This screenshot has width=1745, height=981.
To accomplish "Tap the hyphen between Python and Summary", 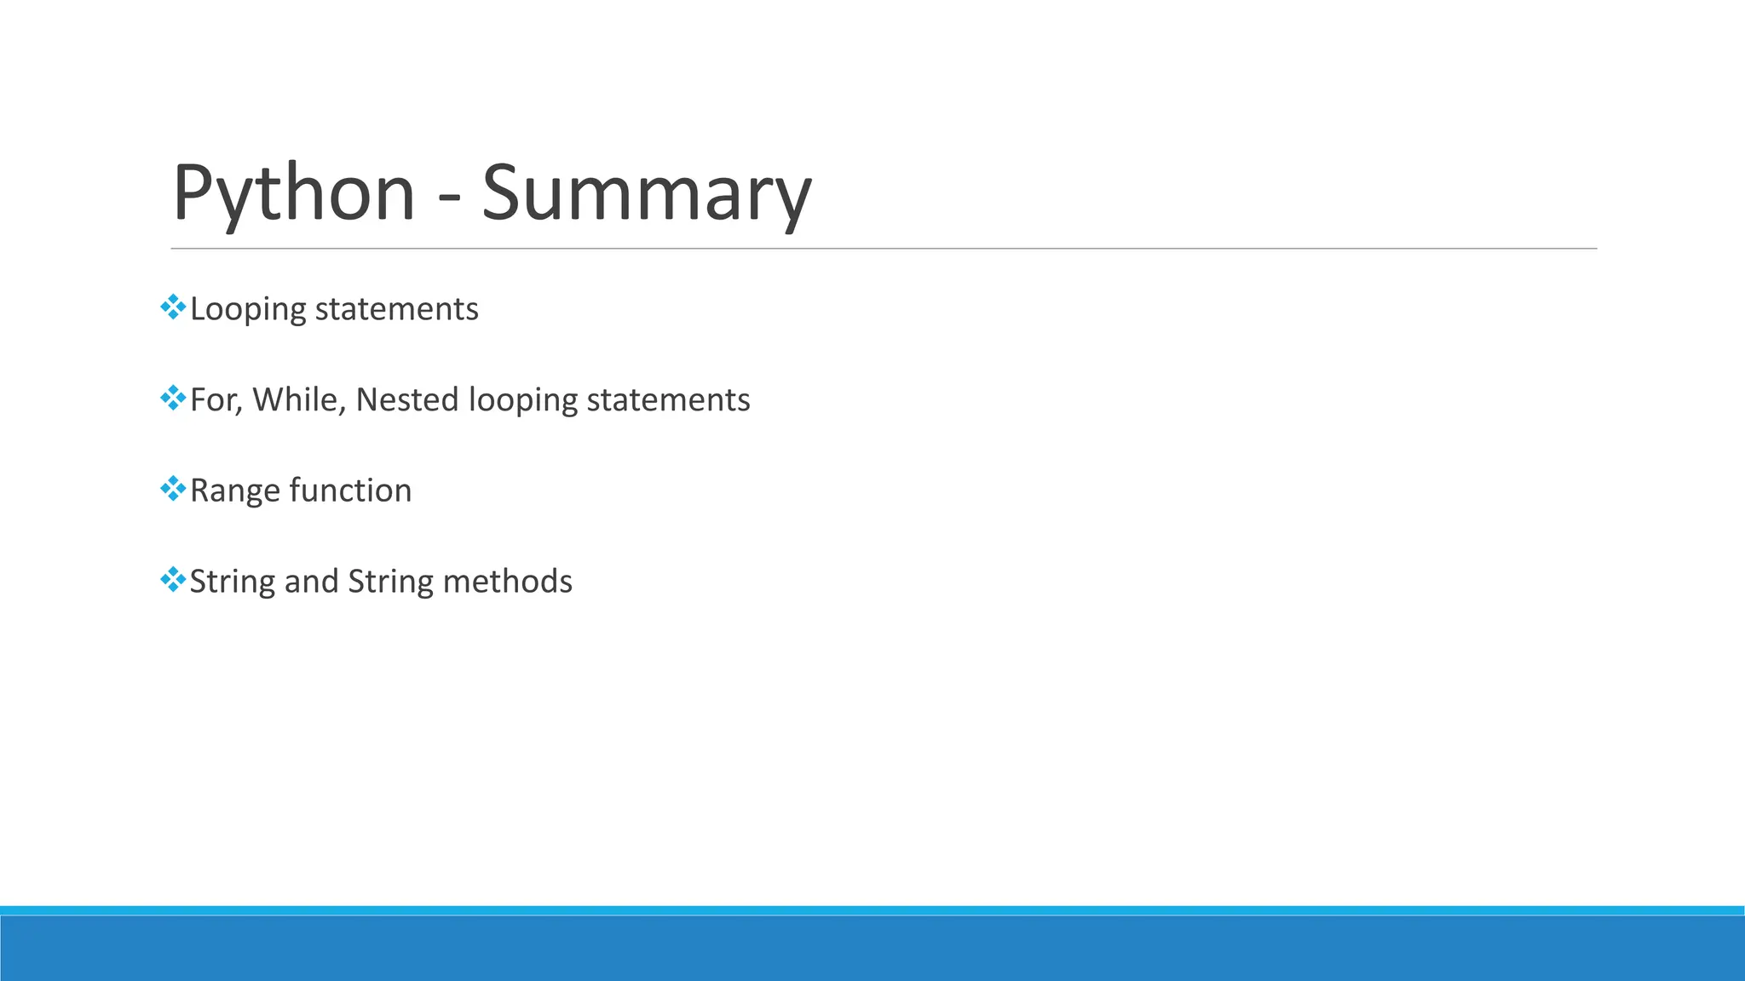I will (449, 198).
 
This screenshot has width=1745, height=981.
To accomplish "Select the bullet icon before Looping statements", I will (173, 307).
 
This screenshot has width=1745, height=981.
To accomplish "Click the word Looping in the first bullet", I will (247, 309).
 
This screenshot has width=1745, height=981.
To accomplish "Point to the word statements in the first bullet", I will (396, 309).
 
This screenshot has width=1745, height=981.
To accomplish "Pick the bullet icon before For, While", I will (173, 399).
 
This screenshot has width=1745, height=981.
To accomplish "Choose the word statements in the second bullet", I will (668, 400).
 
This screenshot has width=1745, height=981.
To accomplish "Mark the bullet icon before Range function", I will (173, 489).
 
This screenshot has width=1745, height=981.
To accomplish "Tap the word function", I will (350, 490).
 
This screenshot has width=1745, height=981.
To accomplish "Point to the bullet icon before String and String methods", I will (173, 580).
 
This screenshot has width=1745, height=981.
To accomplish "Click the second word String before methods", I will (390, 582).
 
